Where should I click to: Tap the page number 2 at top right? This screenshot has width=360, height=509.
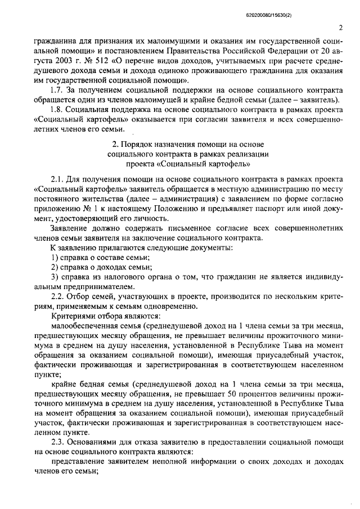click(x=341, y=27)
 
